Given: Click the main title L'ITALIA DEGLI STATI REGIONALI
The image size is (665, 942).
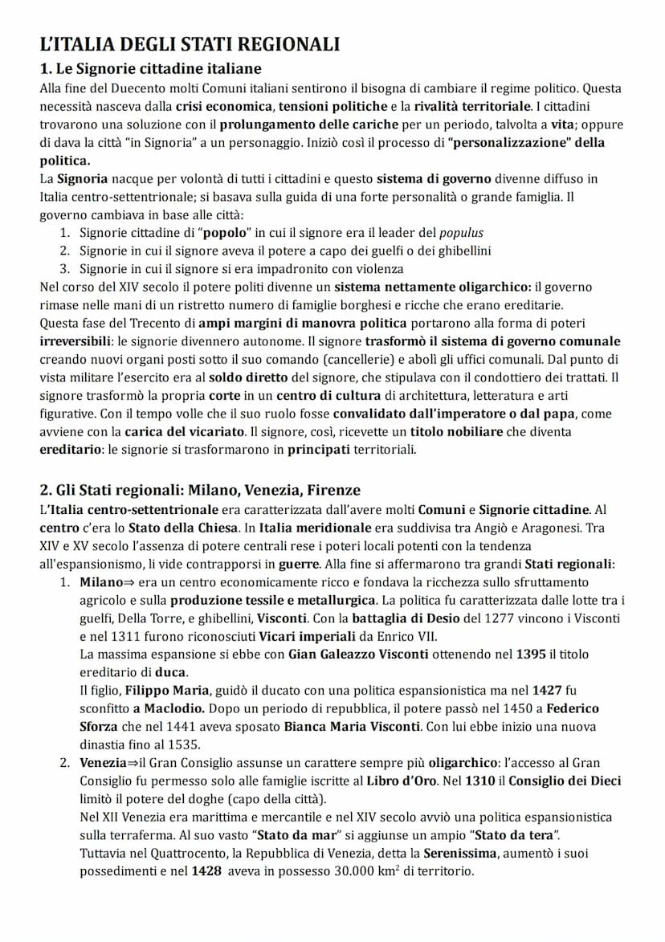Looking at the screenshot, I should tap(190, 44).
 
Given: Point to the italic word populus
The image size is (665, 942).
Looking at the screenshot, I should tap(462, 233).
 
